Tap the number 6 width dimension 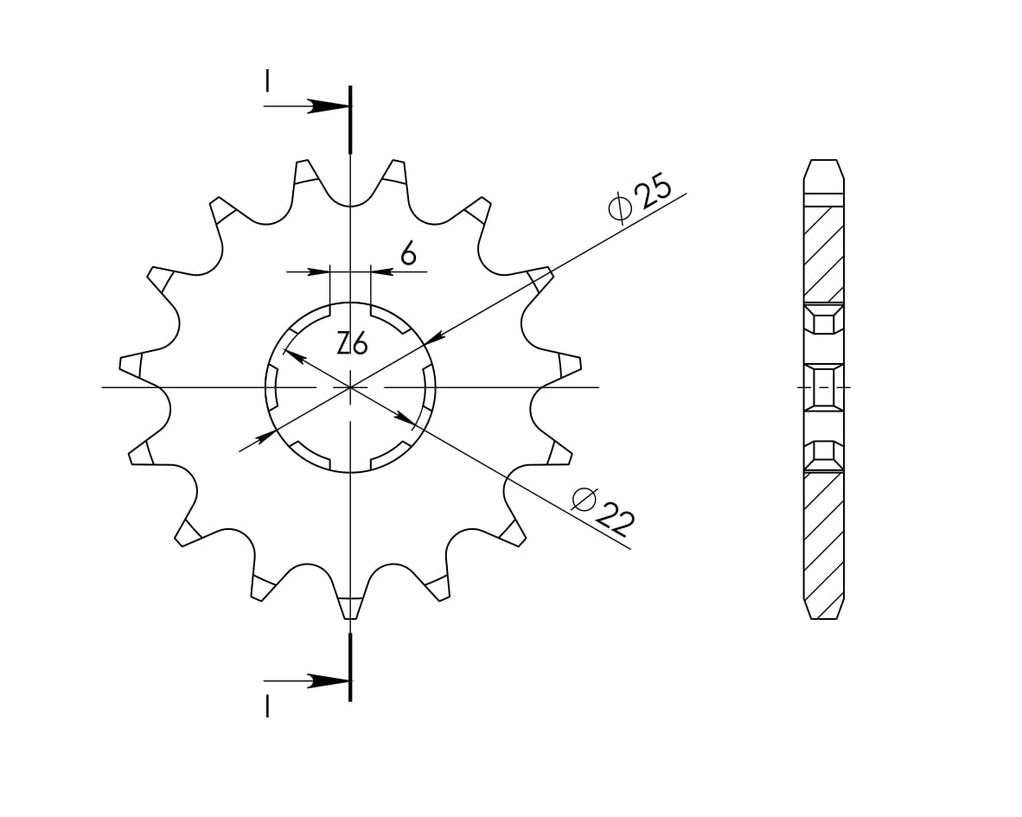click(x=408, y=253)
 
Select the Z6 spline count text click(x=352, y=344)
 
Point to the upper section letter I click(x=268, y=80)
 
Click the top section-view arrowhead click(x=329, y=106)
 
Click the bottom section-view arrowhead click(x=329, y=681)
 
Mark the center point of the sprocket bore click(x=350, y=387)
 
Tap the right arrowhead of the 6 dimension click(x=380, y=271)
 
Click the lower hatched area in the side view click(x=824, y=536)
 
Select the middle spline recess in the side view click(x=824, y=386)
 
